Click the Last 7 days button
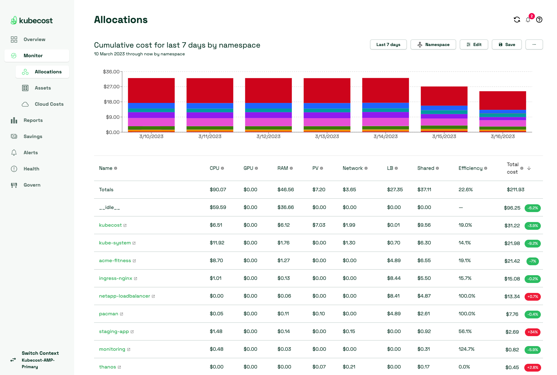click(388, 44)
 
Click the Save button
click(507, 44)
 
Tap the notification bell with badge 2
click(528, 20)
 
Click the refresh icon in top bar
click(517, 20)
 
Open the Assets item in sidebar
click(43, 88)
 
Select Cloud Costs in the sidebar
click(49, 104)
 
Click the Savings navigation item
click(33, 137)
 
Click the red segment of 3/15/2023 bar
click(444, 96)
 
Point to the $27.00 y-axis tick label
click(112, 86)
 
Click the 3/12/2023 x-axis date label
click(268, 137)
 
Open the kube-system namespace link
click(115, 243)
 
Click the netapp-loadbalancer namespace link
click(125, 296)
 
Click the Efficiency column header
click(470, 168)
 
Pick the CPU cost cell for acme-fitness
click(216, 261)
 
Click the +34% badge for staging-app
click(532, 332)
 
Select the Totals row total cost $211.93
click(515, 190)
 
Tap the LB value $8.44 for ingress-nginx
click(394, 278)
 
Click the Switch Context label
click(40, 353)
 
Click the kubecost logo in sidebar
click(32, 21)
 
